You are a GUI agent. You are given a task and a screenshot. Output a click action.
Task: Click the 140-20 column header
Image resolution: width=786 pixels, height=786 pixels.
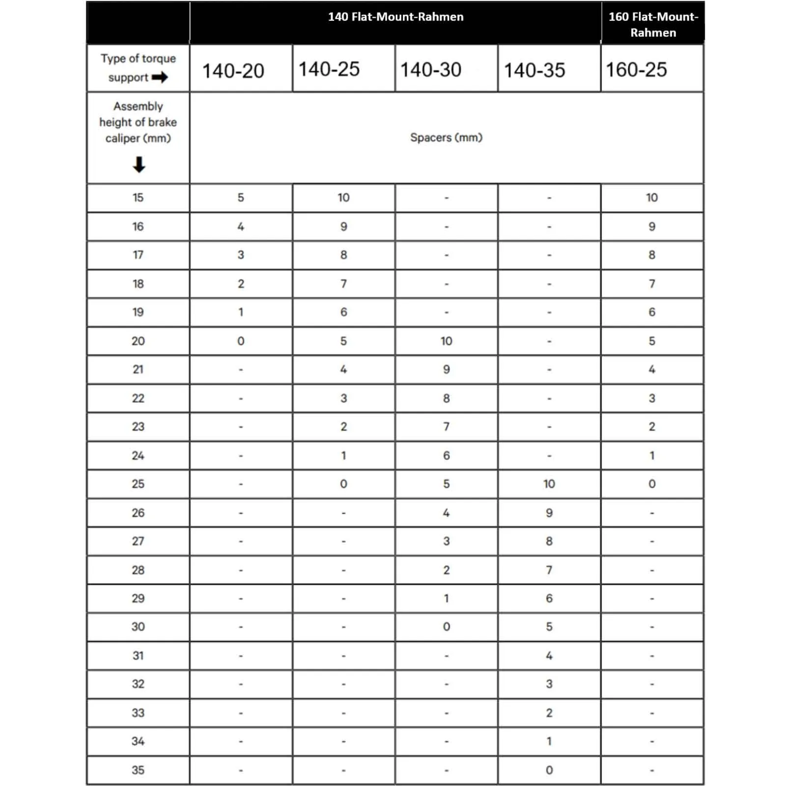(x=233, y=71)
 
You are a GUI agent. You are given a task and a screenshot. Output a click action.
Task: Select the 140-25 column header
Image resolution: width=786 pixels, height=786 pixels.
(x=329, y=69)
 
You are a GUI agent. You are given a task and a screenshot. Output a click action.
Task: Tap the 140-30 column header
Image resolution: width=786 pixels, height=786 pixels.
(x=431, y=70)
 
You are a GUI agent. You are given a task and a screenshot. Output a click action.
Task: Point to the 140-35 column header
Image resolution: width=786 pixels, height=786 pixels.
(x=534, y=70)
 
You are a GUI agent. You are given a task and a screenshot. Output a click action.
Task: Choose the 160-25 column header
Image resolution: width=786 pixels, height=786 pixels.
(x=636, y=70)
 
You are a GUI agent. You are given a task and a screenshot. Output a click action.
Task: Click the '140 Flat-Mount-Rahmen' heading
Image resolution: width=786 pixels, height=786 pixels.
(x=395, y=17)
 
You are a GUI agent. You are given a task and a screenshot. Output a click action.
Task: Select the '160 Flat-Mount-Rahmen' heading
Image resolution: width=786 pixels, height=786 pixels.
(x=653, y=25)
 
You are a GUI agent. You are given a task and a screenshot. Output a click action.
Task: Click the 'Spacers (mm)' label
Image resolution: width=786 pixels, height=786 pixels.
(x=446, y=138)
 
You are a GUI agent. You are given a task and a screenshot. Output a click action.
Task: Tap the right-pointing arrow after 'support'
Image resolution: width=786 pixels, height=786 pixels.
(x=160, y=78)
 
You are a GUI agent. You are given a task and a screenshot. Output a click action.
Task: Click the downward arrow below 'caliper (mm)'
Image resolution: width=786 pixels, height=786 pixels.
(x=139, y=165)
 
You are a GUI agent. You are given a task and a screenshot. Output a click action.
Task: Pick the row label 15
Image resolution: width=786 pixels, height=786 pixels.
(x=138, y=197)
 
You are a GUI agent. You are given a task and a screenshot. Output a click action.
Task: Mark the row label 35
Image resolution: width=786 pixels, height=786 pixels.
(x=138, y=770)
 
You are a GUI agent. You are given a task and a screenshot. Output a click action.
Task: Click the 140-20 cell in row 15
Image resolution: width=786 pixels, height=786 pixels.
(x=241, y=197)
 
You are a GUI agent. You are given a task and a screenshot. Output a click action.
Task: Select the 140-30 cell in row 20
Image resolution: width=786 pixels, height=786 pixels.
(x=446, y=341)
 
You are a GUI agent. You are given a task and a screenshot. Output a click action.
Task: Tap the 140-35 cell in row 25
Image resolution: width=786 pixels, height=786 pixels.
(x=549, y=484)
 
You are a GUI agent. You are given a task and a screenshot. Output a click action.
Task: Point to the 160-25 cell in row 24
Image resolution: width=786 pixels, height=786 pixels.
(x=652, y=455)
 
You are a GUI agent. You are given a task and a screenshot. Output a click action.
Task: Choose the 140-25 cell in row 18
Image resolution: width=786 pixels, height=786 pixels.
(x=343, y=283)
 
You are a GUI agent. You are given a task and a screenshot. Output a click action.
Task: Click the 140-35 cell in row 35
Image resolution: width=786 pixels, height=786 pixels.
(x=549, y=770)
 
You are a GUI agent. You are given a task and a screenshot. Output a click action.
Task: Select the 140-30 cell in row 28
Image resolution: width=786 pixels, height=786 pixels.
(x=446, y=570)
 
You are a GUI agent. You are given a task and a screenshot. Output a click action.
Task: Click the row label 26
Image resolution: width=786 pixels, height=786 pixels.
(x=138, y=512)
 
